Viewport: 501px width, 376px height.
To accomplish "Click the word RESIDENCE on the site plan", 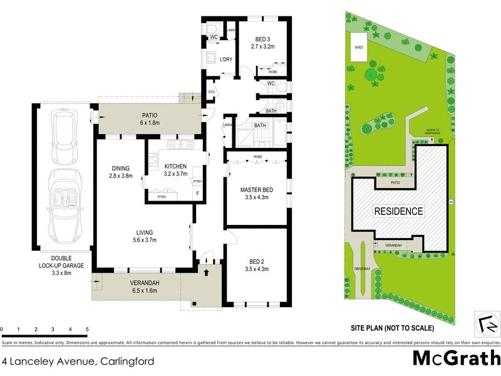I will (399, 211).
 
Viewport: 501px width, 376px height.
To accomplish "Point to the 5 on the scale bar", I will (87, 329).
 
